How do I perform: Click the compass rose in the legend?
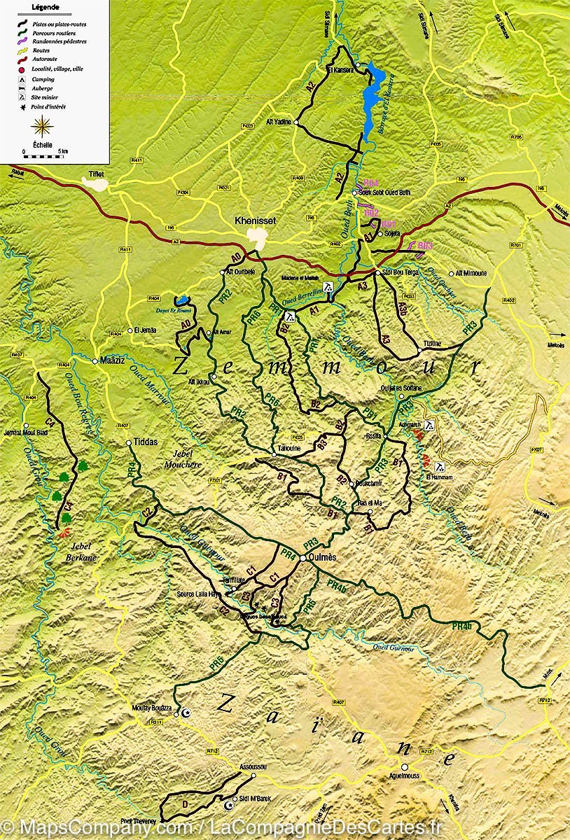click(43, 127)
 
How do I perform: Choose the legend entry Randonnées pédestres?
click(59, 41)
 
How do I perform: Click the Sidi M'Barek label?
click(255, 798)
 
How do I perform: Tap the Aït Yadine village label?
click(279, 122)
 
